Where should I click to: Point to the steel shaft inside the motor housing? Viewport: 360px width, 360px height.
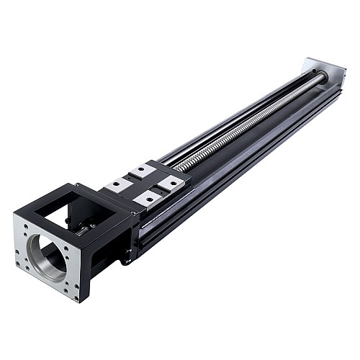86,229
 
